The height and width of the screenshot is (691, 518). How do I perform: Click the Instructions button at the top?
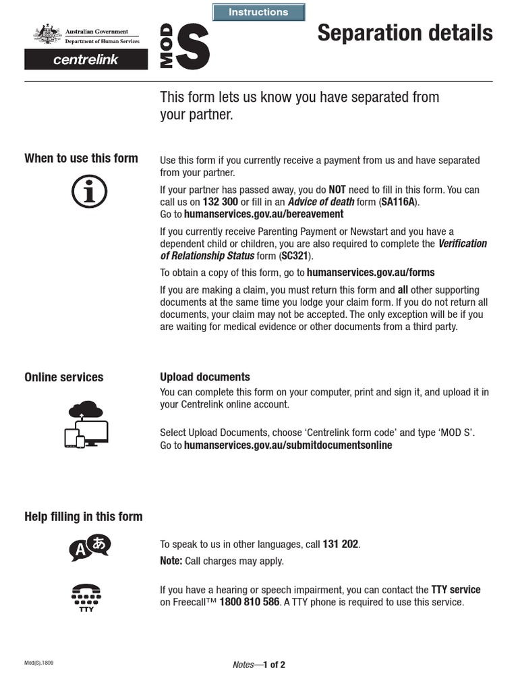point(258,12)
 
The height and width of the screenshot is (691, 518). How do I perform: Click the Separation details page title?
point(405,32)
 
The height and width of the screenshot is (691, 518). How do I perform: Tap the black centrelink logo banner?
point(86,60)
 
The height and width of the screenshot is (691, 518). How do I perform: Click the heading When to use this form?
point(81,159)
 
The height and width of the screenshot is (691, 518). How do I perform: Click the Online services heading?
point(64,377)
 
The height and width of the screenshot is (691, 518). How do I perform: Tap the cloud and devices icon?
point(86,424)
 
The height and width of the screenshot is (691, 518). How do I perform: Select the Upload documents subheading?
point(204,377)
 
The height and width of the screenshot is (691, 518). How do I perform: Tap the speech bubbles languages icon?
point(90,548)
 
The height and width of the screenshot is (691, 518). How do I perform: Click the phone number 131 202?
point(341,544)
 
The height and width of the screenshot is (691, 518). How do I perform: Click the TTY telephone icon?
point(86,597)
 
